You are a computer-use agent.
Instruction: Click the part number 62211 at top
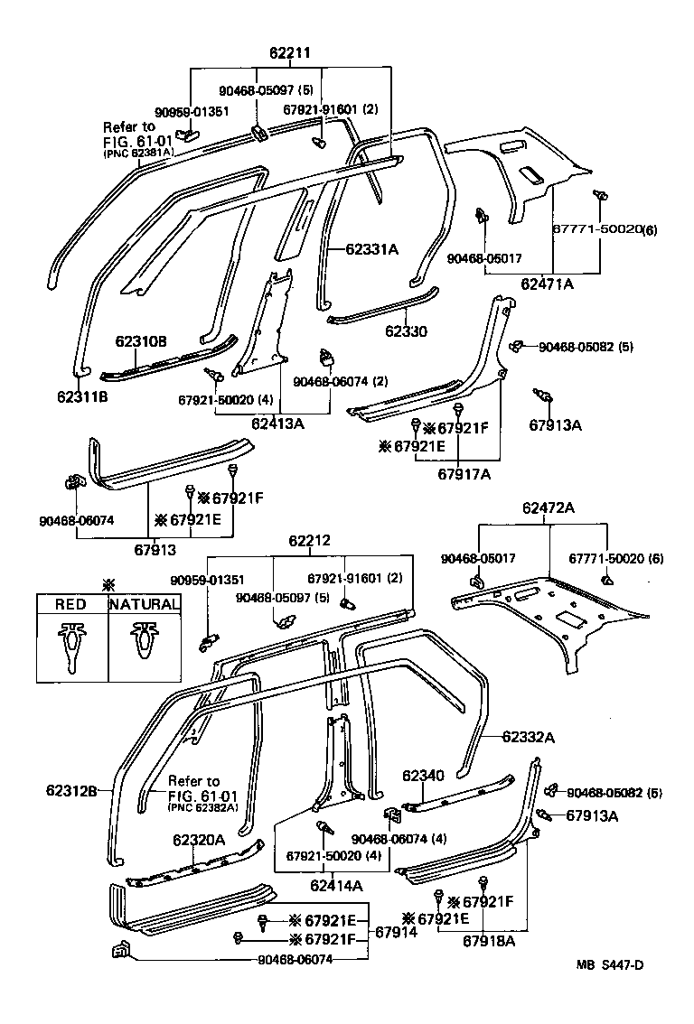pyautogui.click(x=289, y=53)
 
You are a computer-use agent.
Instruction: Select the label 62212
pyautogui.click(x=310, y=541)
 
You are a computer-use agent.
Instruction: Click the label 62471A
pyautogui.click(x=547, y=284)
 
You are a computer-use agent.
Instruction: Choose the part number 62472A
pyautogui.click(x=548, y=508)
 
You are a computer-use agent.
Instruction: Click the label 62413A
pyautogui.click(x=277, y=422)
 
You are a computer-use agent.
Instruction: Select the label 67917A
pyautogui.click(x=464, y=473)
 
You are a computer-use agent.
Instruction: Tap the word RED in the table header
pyautogui.click(x=71, y=604)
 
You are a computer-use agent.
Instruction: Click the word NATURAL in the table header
pyautogui.click(x=143, y=604)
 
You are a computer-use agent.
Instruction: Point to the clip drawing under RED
pyautogui.click(x=71, y=645)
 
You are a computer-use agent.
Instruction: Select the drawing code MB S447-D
pyautogui.click(x=611, y=990)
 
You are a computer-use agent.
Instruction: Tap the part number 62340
pyautogui.click(x=423, y=776)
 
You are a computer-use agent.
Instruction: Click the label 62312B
pyautogui.click(x=71, y=791)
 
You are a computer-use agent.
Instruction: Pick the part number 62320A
pyautogui.click(x=199, y=840)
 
